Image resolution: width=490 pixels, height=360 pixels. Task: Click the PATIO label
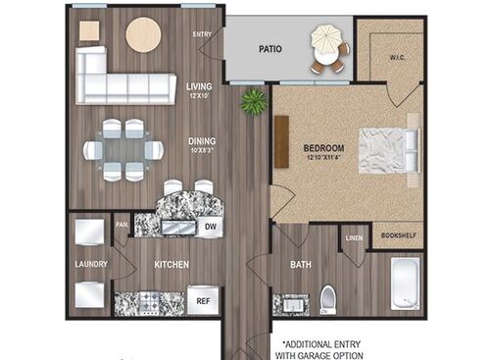point(271,47)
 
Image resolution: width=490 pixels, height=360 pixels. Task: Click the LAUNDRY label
point(91,264)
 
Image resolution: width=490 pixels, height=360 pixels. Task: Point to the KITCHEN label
point(171,265)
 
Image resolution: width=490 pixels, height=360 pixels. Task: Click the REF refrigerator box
point(204,301)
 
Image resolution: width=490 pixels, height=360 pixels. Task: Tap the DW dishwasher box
point(210,227)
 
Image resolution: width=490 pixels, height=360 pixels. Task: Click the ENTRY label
point(203,34)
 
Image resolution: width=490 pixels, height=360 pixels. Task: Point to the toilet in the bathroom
point(328,298)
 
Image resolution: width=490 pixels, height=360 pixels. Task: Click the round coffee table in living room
point(143,35)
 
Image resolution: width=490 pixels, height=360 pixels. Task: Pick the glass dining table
point(122,150)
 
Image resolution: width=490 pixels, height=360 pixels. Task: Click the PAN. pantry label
point(122,224)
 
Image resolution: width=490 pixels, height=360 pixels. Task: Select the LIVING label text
point(199,86)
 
